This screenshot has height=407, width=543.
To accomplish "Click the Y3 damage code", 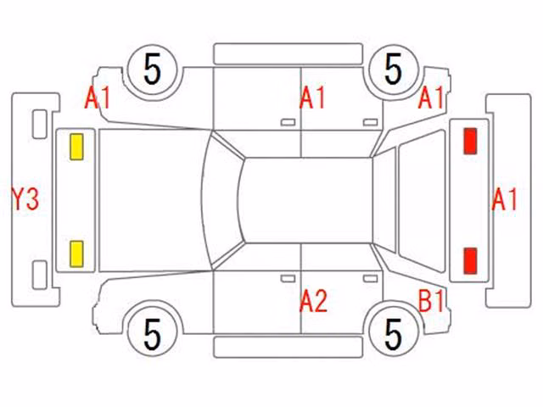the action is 25,198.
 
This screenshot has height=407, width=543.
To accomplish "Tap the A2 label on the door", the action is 313,301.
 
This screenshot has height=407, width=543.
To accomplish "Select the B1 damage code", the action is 431,300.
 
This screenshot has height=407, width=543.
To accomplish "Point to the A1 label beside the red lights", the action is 504,199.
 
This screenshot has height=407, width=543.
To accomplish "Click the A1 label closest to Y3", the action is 98,98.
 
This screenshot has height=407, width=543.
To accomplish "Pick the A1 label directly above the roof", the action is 312,98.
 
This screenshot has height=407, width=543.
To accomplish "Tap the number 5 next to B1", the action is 394,334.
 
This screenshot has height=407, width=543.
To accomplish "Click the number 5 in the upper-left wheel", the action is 153,69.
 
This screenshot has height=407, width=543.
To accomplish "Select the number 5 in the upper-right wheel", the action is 394,69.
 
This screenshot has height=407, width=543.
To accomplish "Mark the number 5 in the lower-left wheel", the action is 153,334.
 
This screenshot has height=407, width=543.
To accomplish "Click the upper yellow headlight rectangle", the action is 76,147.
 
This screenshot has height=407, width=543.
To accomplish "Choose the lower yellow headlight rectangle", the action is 76,254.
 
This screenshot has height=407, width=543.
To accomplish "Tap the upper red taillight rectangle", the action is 470,141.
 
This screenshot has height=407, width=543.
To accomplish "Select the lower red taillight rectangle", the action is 470,261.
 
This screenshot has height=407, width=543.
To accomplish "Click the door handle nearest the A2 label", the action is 288,279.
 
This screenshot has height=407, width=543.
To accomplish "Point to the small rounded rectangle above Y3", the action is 40,125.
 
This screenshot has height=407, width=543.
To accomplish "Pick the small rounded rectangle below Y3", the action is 40,275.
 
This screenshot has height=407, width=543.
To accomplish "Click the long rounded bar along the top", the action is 288,54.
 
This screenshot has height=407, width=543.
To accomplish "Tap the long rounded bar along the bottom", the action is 288,347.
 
